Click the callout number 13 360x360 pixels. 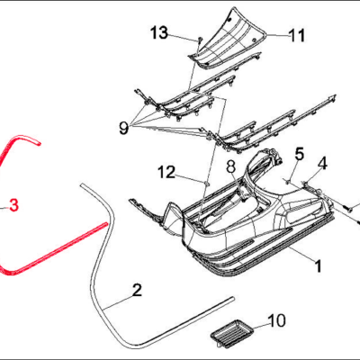click(x=159, y=32)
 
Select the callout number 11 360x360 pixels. click(x=297, y=35)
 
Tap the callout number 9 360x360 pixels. click(x=123, y=128)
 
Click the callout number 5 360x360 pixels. click(x=300, y=154)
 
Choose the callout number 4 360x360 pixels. click(x=322, y=164)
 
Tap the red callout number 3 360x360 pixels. click(x=13, y=205)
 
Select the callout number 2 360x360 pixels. click(x=137, y=290)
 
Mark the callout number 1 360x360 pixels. click(x=318, y=266)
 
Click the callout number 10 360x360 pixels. click(x=276, y=320)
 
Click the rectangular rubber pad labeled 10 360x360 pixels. click(x=232, y=333)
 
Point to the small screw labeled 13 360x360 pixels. click(x=199, y=40)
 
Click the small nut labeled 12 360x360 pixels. click(x=206, y=183)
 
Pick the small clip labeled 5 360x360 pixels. click(x=288, y=180)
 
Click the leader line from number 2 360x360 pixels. click(x=118, y=302)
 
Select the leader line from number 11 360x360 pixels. click(x=277, y=35)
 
